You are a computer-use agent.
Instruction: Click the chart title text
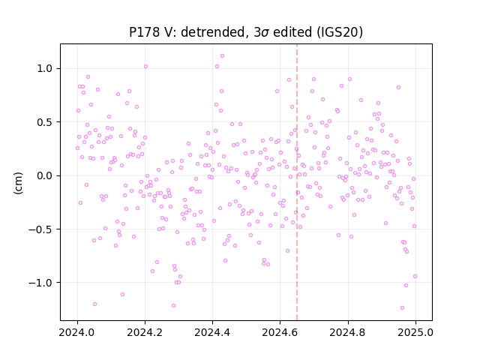pyautogui.click(x=246, y=32)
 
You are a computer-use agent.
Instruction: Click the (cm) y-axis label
pyautogui.click(x=18, y=183)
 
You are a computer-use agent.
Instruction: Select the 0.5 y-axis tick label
pyautogui.click(x=44, y=122)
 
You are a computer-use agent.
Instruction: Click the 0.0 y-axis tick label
pyautogui.click(x=44, y=175)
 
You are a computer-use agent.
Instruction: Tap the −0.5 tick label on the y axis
pyautogui.click(x=40, y=229)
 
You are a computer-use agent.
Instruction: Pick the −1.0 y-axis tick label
pyautogui.click(x=40, y=283)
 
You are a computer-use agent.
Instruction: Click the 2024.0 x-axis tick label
pyautogui.click(x=77, y=332)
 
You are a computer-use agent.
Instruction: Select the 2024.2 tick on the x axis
pyautogui.click(x=145, y=332)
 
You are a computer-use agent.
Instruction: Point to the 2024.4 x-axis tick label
pyautogui.click(x=212, y=332)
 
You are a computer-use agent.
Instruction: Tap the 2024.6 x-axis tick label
pyautogui.click(x=280, y=332)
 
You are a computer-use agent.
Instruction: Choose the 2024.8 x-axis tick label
pyautogui.click(x=348, y=332)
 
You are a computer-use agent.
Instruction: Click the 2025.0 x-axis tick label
pyautogui.click(x=415, y=332)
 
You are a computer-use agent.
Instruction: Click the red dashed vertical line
pyautogui.click(x=297, y=182)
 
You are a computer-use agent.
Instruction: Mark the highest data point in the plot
pyautogui.click(x=222, y=55)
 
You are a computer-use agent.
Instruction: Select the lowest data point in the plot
pyautogui.click(x=402, y=307)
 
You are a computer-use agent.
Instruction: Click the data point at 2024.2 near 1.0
pyautogui.click(x=145, y=67)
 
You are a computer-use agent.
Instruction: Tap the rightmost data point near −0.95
pyautogui.click(x=415, y=277)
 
